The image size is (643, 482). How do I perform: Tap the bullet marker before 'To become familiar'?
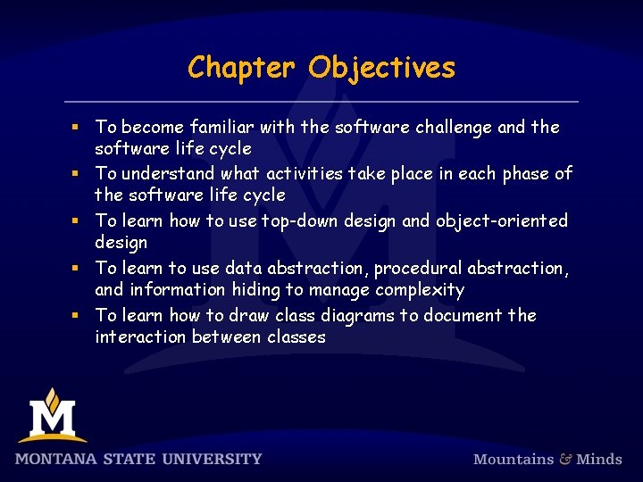(78, 128)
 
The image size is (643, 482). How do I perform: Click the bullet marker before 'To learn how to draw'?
(78, 316)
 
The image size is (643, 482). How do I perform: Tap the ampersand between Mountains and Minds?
(565, 459)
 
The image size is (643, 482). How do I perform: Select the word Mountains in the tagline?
(514, 459)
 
